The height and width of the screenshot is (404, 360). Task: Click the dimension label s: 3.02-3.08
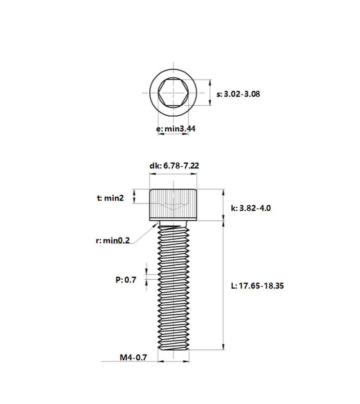[x=238, y=94]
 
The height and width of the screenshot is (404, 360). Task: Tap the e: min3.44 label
[x=176, y=129]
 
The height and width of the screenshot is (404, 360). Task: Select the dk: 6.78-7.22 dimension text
[x=174, y=166]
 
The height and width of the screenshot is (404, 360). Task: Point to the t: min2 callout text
[x=110, y=198]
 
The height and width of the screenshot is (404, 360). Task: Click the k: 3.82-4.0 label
[x=251, y=208]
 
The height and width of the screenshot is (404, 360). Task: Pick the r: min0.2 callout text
[x=113, y=241]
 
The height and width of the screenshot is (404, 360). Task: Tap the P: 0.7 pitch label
[x=126, y=280]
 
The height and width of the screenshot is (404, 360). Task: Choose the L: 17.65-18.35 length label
[x=257, y=286]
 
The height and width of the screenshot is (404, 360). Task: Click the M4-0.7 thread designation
[x=133, y=357]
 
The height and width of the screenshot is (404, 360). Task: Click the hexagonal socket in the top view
[x=173, y=93]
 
